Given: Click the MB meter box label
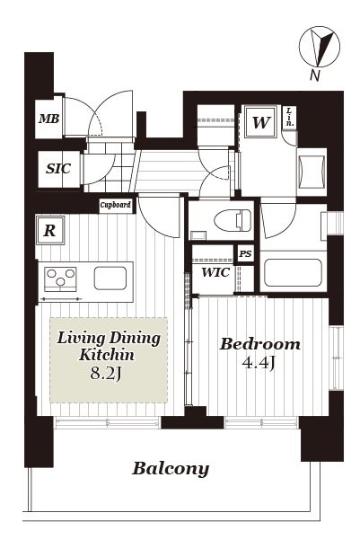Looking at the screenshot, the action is pos(49,119).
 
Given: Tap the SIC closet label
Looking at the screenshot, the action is pos(58,168).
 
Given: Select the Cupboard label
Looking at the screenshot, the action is pos(116,205).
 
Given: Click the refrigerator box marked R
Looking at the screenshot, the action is pos(49,231).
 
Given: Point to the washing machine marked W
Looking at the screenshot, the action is pos(261,122).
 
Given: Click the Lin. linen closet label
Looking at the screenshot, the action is pos(290,117).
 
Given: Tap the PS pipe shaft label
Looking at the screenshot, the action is pos(245,253).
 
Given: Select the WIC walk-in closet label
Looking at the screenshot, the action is pos(215,272).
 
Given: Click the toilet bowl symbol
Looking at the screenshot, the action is pos(233,220).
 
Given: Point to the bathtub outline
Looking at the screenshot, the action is pos(294,272).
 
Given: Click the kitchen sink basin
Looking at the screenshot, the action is pos(110,278).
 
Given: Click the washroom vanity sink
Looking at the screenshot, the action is pos(312,172).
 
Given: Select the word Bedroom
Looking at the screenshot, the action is pos(259,344).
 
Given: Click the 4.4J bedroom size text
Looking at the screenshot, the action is pos(259,363).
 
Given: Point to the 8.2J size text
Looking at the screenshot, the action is pos(106,374).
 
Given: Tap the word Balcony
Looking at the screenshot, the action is pos(171,469).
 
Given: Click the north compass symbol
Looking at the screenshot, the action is pos(320,47).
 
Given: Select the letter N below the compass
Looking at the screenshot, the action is pos(314,75).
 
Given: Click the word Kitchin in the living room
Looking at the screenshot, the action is pos(107,355).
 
